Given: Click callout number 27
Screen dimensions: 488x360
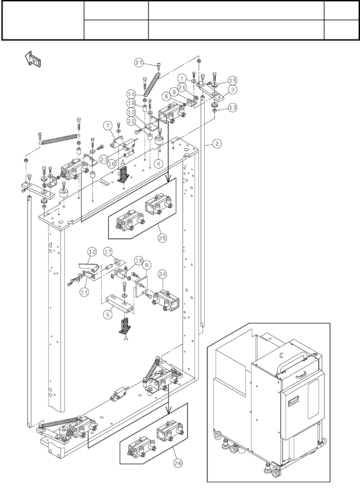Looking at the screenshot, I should tap(139, 63).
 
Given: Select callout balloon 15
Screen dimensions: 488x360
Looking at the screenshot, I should tap(233, 81).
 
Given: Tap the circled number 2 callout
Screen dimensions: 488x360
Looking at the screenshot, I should tap(217, 144).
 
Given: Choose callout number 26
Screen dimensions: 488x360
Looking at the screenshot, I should tap(178, 464).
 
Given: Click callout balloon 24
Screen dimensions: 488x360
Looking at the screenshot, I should tap(163, 274).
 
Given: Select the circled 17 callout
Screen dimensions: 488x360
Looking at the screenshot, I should tap(108, 252).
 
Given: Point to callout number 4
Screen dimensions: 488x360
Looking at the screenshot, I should tap(158, 164).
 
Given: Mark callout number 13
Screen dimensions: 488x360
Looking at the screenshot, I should tap(233, 107).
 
